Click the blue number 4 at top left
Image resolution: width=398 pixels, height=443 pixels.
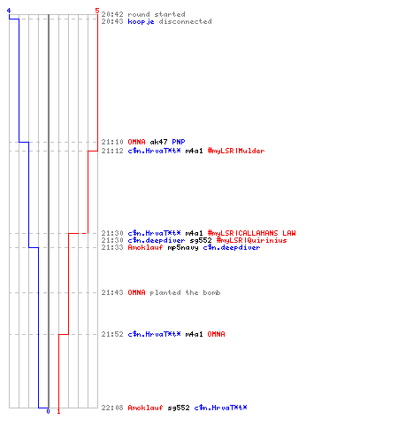click(9, 11)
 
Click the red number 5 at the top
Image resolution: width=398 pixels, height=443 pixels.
click(97, 11)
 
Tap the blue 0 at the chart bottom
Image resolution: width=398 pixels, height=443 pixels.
click(48, 411)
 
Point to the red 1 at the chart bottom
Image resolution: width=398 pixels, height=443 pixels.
click(58, 411)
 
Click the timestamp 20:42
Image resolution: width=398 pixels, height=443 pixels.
click(112, 14)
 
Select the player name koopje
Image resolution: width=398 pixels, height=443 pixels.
click(141, 21)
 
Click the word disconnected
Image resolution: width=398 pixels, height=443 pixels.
click(185, 21)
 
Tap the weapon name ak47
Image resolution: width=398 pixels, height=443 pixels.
click(158, 142)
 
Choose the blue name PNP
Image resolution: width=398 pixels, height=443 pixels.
click(179, 142)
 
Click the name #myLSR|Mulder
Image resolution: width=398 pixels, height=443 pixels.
click(236, 151)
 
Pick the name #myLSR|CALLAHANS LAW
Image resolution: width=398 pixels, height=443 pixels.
click(252, 233)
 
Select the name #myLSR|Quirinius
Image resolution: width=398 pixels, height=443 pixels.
click(252, 240)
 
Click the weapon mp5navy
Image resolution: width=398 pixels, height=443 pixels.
click(183, 247)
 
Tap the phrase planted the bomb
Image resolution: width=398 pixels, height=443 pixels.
click(185, 292)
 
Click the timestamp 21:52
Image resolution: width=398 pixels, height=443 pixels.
click(112, 334)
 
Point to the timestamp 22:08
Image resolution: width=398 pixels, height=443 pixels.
click(112, 408)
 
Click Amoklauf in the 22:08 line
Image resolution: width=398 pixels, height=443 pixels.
click(145, 408)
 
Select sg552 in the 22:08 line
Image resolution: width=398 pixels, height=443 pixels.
click(179, 408)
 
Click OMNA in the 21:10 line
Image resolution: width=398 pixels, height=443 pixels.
click(136, 142)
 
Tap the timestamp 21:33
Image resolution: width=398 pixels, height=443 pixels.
click(112, 247)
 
